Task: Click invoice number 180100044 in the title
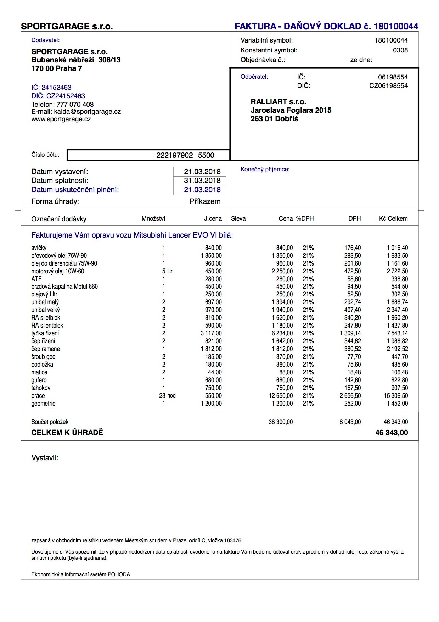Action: click(396, 26)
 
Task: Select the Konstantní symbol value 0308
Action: click(400, 50)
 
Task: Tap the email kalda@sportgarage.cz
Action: click(87, 112)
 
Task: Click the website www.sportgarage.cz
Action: click(61, 119)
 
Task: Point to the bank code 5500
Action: click(206, 155)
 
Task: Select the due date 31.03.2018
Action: click(202, 181)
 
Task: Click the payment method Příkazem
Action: click(205, 201)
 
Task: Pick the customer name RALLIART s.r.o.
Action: click(278, 102)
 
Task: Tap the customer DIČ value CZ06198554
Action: click(388, 86)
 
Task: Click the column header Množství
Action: click(153, 218)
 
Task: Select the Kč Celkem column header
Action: click(393, 218)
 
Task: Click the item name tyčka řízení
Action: click(45, 333)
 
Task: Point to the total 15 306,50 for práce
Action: click(396, 396)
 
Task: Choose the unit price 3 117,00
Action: click(211, 333)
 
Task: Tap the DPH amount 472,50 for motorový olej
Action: click(353, 271)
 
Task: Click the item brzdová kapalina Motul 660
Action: click(64, 287)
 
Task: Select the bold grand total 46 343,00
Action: click(392, 433)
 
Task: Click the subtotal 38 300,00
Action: click(281, 422)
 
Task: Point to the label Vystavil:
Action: click(45, 458)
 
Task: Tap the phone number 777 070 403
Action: click(75, 105)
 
